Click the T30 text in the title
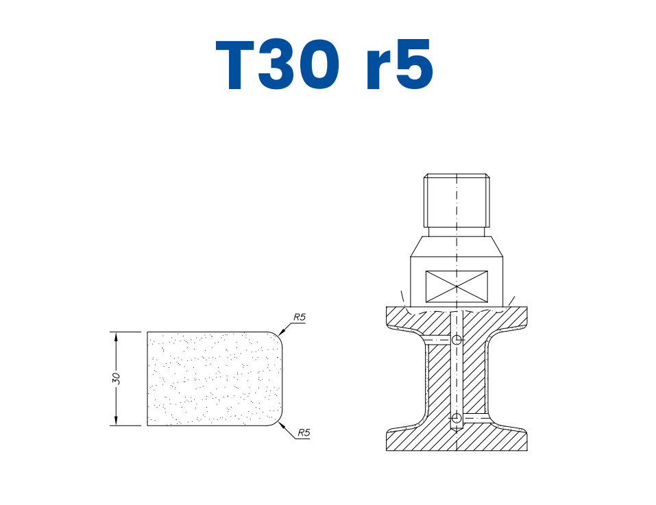click(x=278, y=66)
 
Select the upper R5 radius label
click(x=299, y=317)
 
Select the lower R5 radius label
click(x=304, y=433)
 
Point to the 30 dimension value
click(x=117, y=378)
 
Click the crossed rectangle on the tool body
click(x=457, y=286)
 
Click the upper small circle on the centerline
click(x=457, y=340)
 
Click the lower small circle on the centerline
click(x=457, y=418)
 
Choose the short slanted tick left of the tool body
click(x=402, y=297)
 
